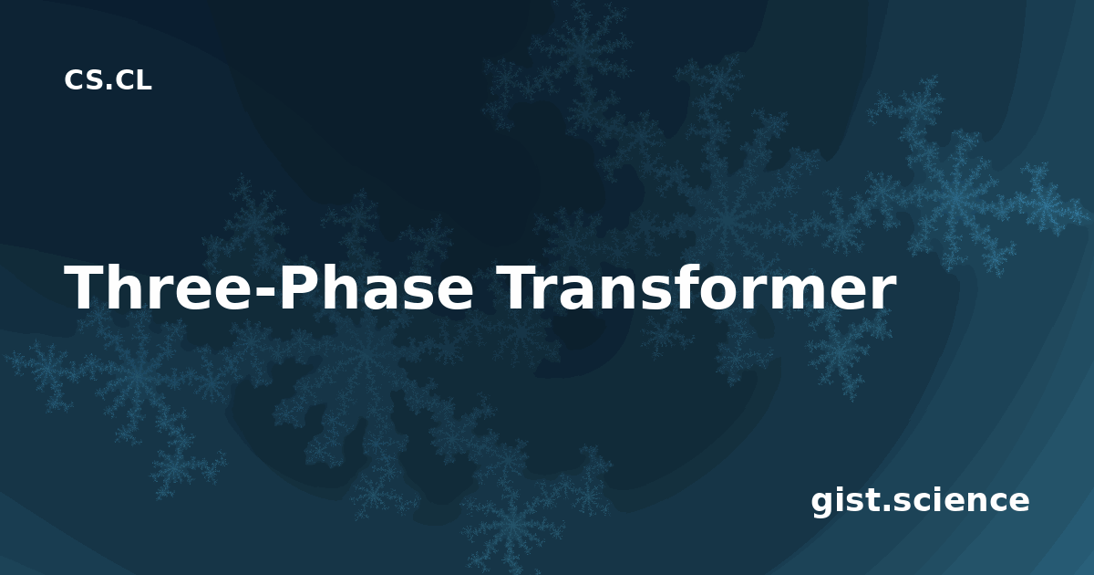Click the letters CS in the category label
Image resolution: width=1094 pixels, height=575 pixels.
(83, 79)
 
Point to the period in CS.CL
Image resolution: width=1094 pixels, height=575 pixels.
(108, 87)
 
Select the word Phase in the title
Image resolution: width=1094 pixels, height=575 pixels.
(377, 287)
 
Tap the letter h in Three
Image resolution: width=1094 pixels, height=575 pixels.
(129, 287)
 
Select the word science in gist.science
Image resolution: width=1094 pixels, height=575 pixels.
(961, 501)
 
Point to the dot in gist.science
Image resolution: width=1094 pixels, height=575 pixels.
(885, 508)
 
